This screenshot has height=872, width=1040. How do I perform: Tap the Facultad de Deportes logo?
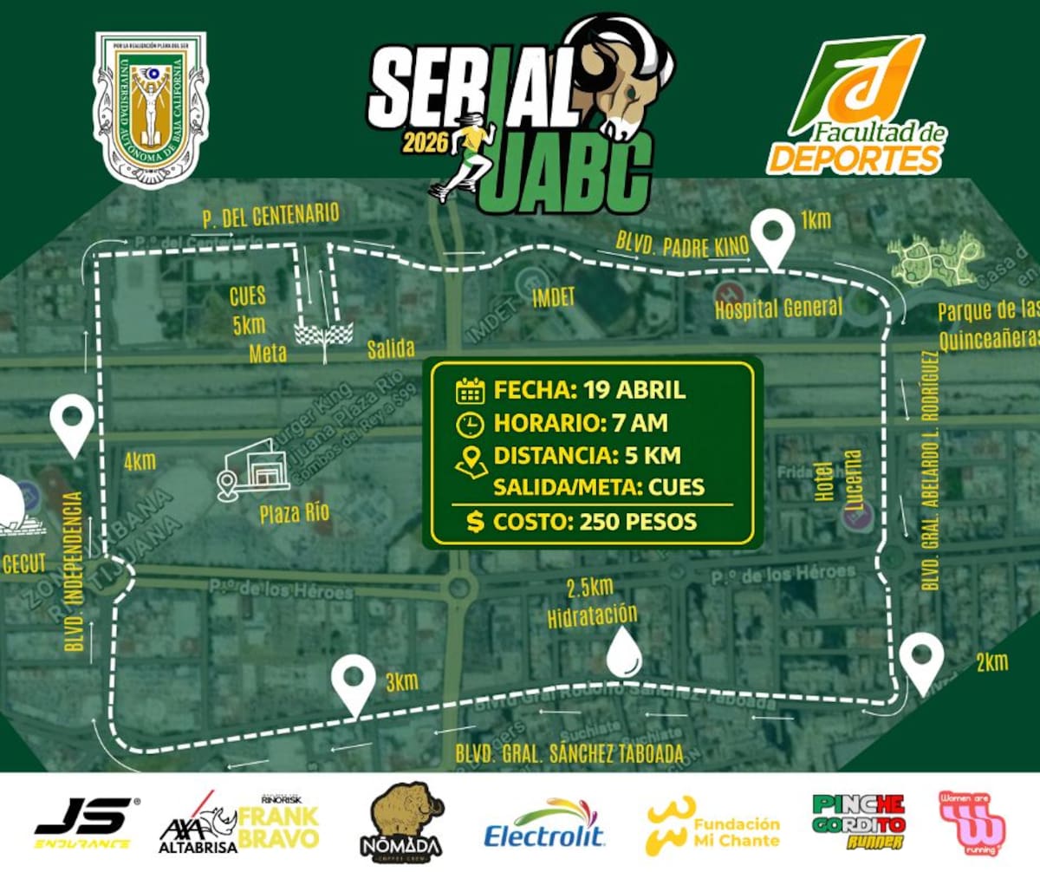[x=858, y=104]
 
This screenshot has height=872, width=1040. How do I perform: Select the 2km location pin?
[x=920, y=661]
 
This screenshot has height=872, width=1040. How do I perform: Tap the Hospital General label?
[x=778, y=306]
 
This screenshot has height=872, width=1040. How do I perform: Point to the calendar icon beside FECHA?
[x=469, y=390]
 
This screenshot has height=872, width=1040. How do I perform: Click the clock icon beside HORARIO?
[x=469, y=424]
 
